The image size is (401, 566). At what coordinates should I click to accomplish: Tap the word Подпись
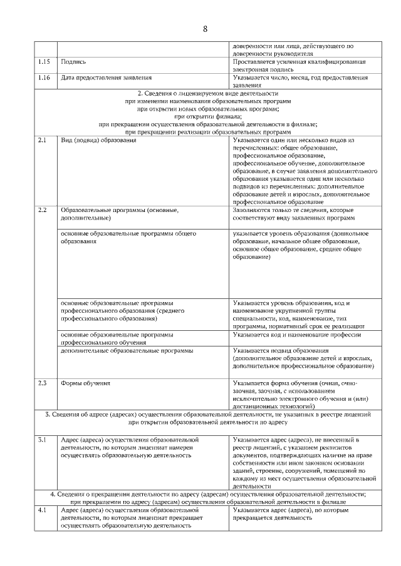73,62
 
